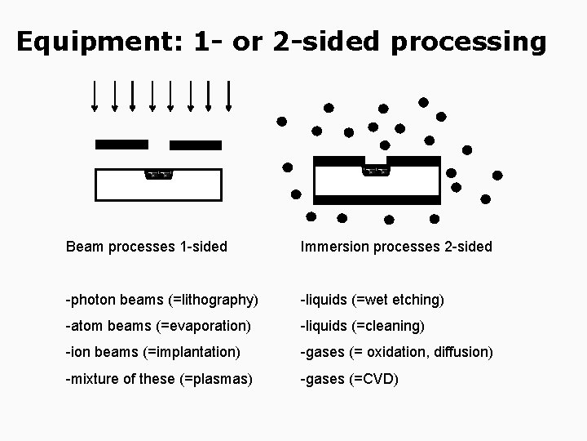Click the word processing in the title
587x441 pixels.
(468, 42)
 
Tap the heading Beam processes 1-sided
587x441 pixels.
(147, 246)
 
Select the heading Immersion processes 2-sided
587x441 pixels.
(396, 246)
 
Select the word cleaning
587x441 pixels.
(395, 326)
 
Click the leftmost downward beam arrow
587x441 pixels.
(95, 95)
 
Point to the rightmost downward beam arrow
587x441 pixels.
(229, 95)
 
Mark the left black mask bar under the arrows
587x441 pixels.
(121, 145)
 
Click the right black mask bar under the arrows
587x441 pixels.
(196, 145)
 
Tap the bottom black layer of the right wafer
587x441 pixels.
(377, 199)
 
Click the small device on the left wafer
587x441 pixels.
(159, 174)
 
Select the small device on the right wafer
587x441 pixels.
(375, 171)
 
